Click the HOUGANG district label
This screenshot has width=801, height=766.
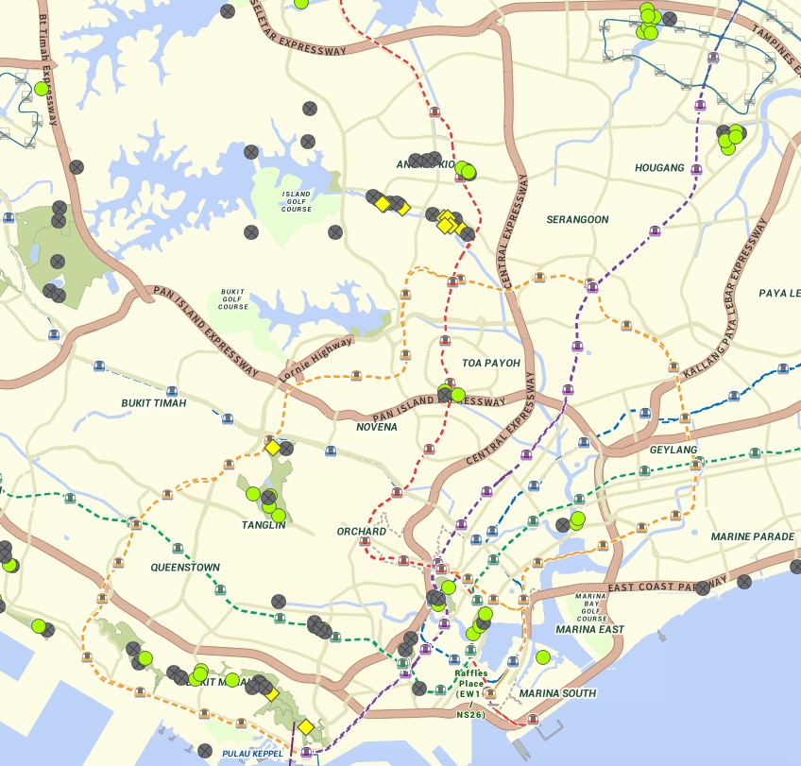(659, 167)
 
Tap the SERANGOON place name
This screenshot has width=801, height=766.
(577, 219)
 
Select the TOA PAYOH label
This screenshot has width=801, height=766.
(490, 363)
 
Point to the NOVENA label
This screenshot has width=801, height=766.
(376, 427)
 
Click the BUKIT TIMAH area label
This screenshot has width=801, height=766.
(154, 403)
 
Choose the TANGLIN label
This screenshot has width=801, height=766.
(264, 525)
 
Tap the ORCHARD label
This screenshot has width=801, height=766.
(361, 532)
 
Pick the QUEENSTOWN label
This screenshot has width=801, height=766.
(185, 568)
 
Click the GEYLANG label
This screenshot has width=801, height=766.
(673, 451)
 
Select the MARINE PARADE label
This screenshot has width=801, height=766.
(752, 536)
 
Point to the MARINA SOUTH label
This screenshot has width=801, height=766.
(557, 693)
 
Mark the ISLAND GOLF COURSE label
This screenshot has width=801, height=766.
(296, 199)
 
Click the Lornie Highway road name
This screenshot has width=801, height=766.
(316, 359)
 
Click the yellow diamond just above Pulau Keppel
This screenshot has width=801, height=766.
(305, 727)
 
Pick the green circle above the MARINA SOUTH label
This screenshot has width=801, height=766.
(542, 657)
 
